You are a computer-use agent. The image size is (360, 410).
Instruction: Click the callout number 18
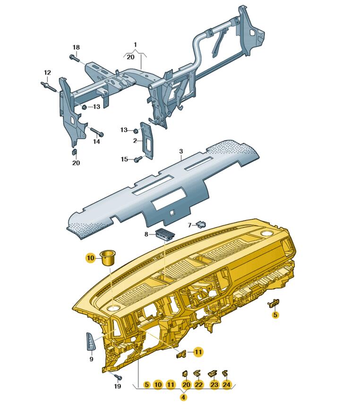click(76, 47)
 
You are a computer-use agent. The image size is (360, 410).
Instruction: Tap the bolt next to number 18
click(75, 58)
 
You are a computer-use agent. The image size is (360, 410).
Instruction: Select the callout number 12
click(47, 72)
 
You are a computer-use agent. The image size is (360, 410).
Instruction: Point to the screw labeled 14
click(97, 131)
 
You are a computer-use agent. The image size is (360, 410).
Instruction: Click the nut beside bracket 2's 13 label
click(136, 130)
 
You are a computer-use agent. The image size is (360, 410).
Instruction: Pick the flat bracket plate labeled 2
click(147, 140)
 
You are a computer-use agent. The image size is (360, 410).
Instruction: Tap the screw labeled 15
click(138, 159)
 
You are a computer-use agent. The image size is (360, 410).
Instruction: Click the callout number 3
click(181, 151)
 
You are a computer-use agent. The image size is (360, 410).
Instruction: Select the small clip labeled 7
click(201, 224)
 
